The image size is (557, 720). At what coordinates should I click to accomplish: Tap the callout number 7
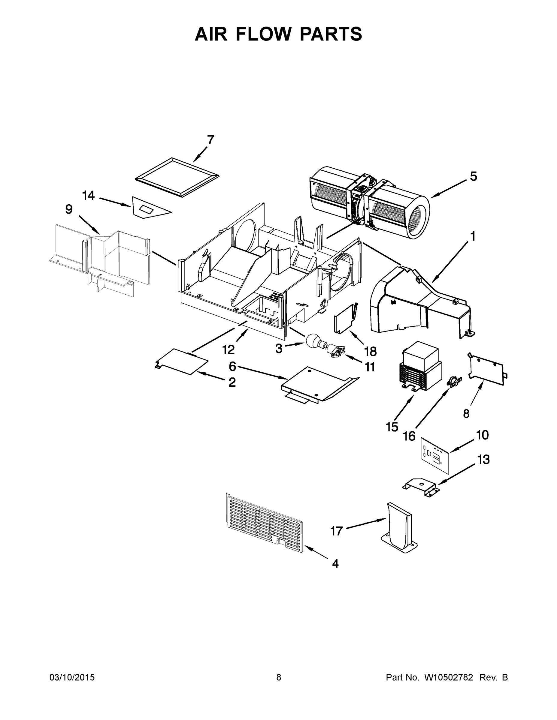pos(210,140)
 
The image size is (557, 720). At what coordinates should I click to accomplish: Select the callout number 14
pos(89,196)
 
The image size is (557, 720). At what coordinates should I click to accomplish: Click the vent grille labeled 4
pos(264,524)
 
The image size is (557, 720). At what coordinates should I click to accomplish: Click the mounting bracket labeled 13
pos(421,488)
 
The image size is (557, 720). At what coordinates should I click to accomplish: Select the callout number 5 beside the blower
pos(473,177)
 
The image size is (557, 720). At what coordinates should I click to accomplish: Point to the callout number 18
pos(370,352)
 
